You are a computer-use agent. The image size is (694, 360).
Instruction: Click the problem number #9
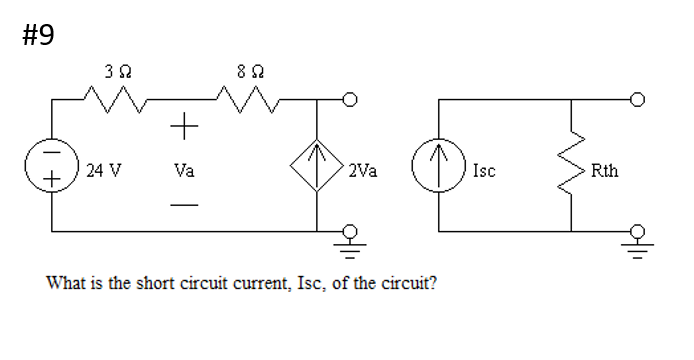point(37,36)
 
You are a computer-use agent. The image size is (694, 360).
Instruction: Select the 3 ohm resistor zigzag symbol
point(117,100)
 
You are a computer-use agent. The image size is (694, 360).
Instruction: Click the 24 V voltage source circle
point(52,170)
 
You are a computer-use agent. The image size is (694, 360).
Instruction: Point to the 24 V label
point(103,170)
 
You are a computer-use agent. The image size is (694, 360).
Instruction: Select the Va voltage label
point(184,170)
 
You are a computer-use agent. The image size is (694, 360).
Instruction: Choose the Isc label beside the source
point(484,170)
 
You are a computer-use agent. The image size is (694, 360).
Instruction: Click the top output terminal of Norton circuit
point(637,100)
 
